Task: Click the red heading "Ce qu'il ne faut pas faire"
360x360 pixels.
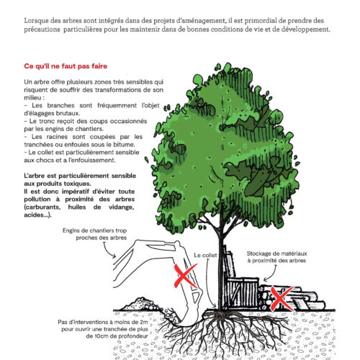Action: coord(66,66)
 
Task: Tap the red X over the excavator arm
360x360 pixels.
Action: coord(185,275)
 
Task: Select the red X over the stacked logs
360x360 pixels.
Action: coord(282,298)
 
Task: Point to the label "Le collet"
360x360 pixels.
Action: coord(205,256)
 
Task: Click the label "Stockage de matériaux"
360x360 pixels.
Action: coord(276,253)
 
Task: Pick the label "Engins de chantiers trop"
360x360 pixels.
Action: coord(94,230)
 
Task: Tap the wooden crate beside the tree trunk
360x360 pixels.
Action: coord(242,293)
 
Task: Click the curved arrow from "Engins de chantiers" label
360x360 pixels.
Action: coord(109,251)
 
